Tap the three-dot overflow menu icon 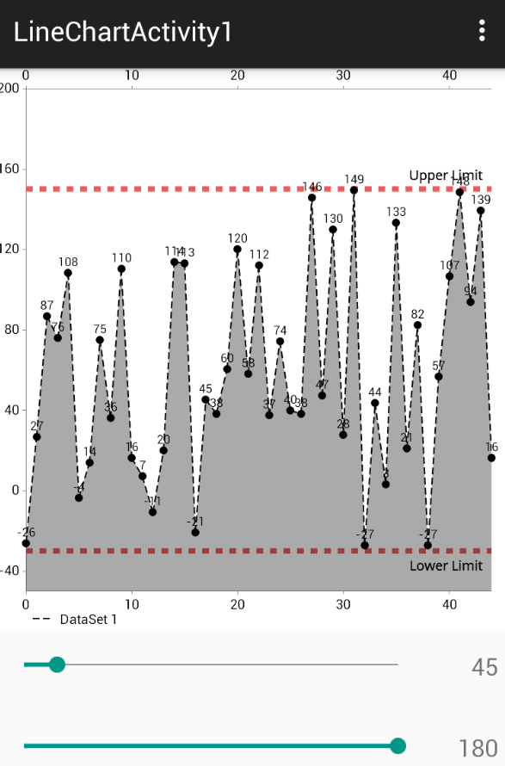[x=482, y=31]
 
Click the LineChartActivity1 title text [x=123, y=32]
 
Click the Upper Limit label [x=446, y=176]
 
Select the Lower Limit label [x=446, y=565]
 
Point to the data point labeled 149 [x=354, y=190]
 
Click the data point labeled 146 [x=311, y=198]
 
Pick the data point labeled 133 [x=396, y=223]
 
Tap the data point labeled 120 [x=237, y=250]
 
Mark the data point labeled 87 [x=47, y=316]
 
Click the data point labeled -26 [x=26, y=543]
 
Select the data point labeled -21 [x=195, y=532]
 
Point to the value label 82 [x=418, y=314]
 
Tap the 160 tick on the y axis [x=10, y=169]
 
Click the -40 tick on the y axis [x=10, y=570]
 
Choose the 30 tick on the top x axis [x=343, y=76]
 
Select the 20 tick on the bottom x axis [x=237, y=604]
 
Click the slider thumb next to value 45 [x=57, y=664]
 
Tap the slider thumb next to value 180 [x=397, y=745]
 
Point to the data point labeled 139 [x=481, y=211]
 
